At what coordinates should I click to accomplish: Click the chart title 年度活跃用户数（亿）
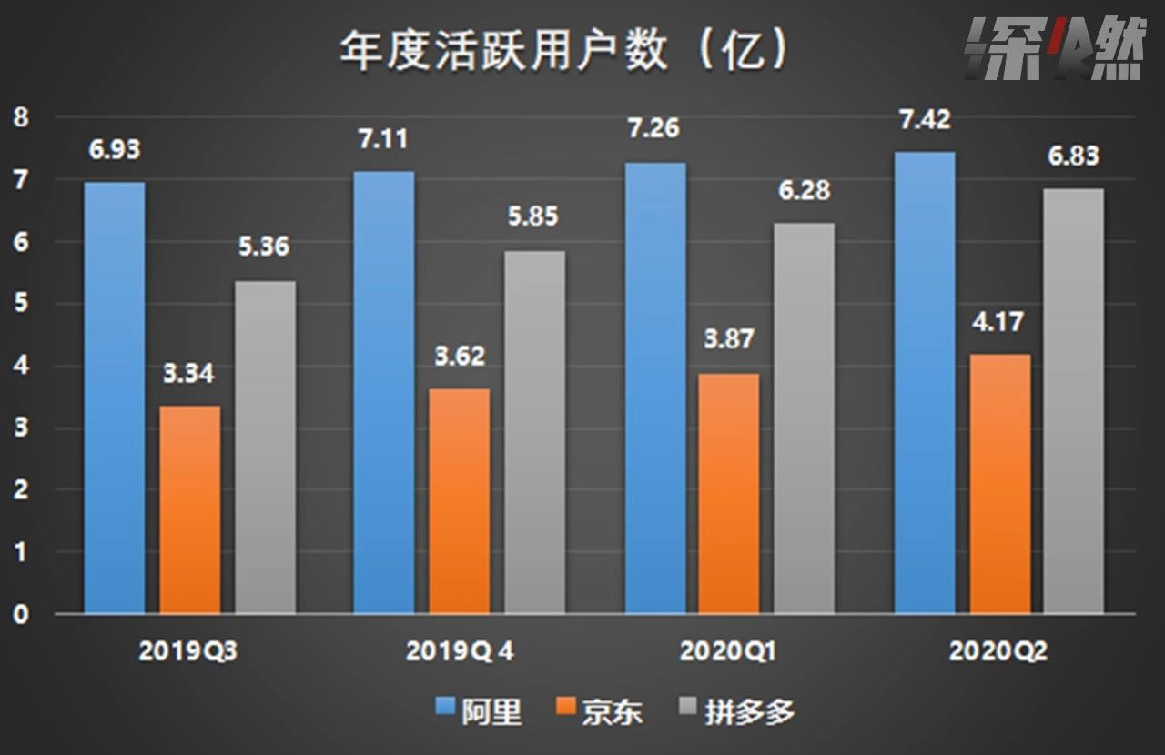pos(563,53)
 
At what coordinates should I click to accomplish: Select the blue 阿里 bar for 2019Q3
pos(115,398)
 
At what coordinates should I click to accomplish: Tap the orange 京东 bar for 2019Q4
pos(459,500)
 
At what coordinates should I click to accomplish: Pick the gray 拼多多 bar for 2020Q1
pos(804,418)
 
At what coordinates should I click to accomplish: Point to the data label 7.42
pos(925,119)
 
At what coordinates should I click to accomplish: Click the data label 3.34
pos(189,373)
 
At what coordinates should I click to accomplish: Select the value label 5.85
pos(533,217)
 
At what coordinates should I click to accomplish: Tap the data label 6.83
pos(1074,156)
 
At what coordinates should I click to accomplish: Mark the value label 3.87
pos(728,339)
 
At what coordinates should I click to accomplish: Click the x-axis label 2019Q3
pos(191,651)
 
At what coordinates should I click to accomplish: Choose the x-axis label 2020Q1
pos(728,651)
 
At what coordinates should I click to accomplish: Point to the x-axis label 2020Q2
pos(998,651)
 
